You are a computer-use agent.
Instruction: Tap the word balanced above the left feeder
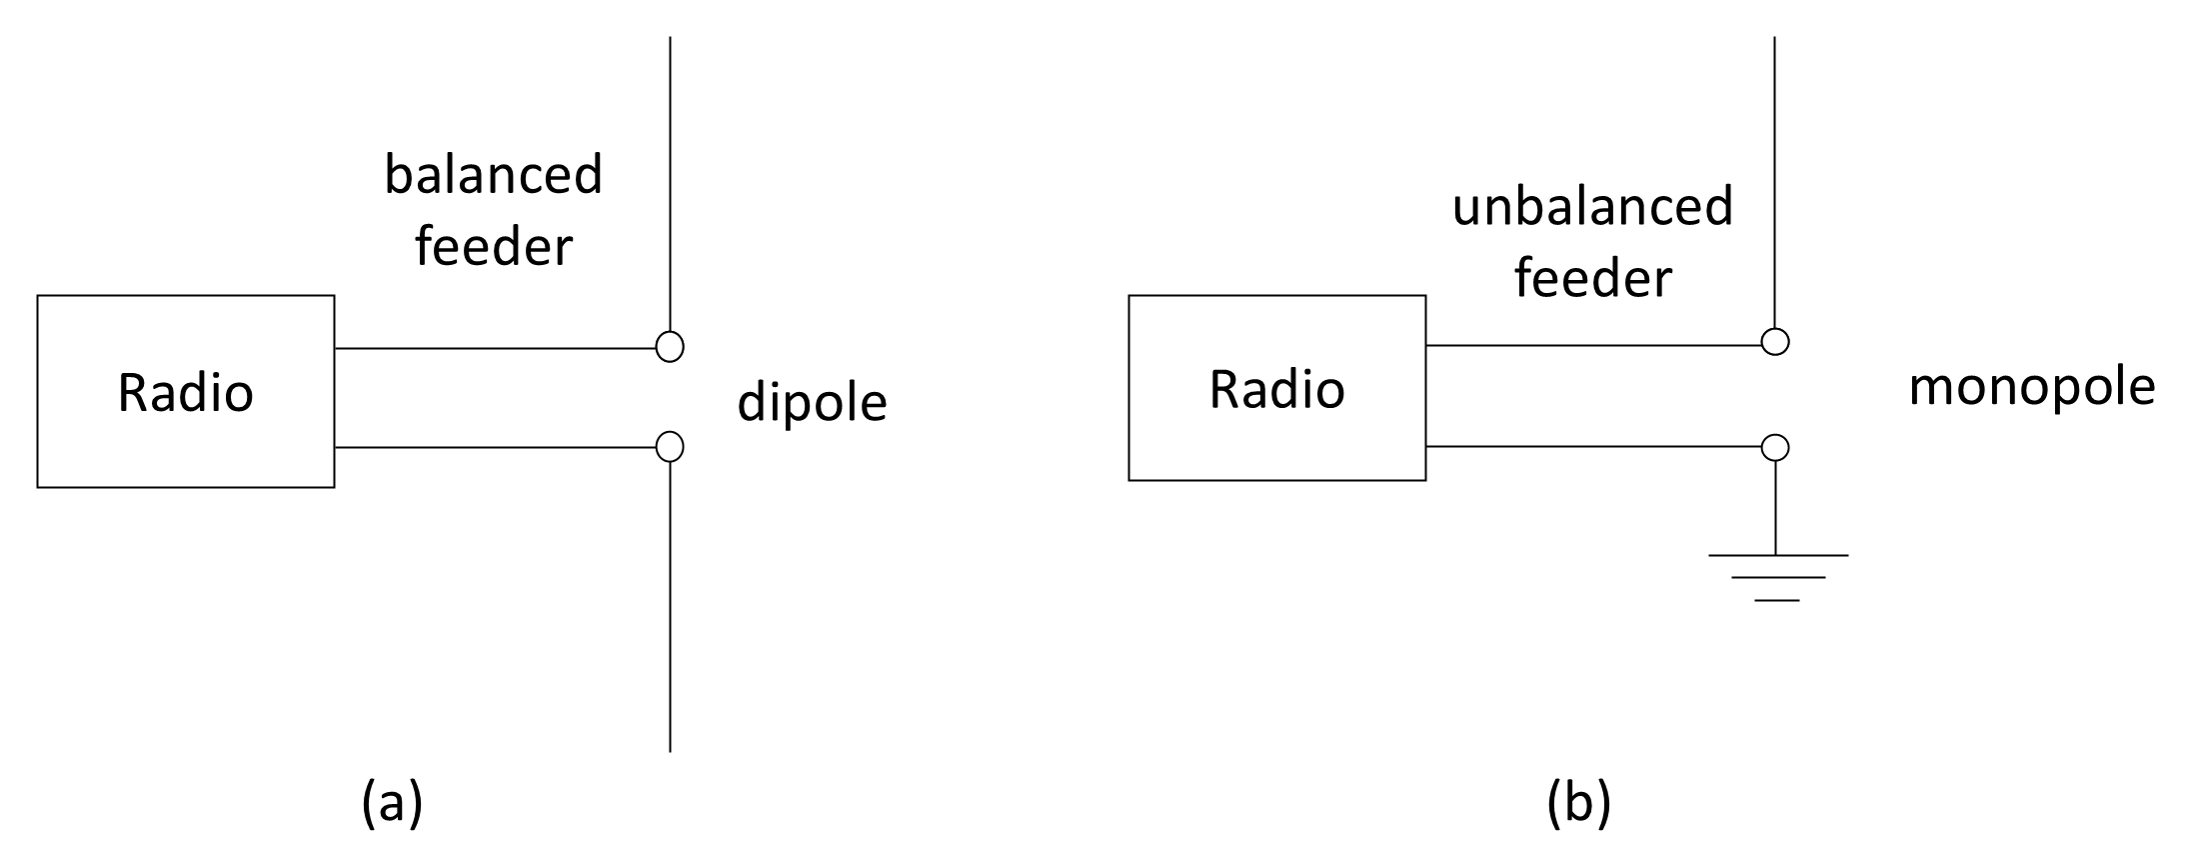(494, 175)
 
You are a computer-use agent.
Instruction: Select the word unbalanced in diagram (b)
(1592, 208)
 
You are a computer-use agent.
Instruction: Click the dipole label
(812, 403)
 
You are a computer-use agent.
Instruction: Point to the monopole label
(2032, 388)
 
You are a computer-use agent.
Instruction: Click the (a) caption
(392, 805)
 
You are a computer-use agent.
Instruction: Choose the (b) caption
(1579, 805)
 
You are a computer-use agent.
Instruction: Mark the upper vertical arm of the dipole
(670, 184)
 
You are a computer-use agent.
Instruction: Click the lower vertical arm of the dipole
(670, 606)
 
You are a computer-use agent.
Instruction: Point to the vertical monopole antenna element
(1775, 182)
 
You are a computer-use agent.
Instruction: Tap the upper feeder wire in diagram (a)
(495, 348)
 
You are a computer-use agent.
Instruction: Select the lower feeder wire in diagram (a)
(495, 447)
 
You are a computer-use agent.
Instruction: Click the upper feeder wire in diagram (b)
(1593, 345)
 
